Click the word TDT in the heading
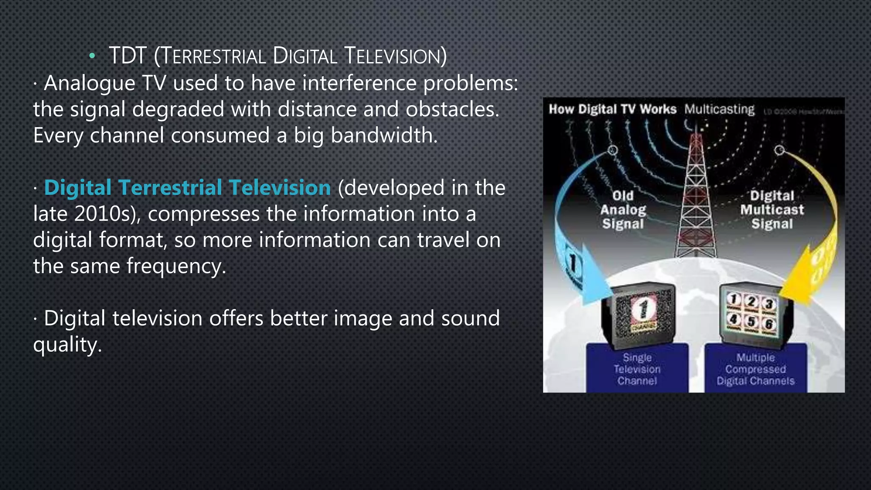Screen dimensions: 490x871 (128, 56)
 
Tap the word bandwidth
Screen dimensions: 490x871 (384, 136)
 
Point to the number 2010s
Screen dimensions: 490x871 (107, 214)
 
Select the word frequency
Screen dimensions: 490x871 (176, 267)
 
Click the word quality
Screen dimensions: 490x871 (67, 345)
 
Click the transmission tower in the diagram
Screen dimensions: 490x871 (696, 196)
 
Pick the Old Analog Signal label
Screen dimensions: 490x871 (623, 210)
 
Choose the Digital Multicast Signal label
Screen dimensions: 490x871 (772, 210)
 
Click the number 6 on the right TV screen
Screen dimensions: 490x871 (769, 325)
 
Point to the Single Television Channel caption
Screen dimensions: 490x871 (637, 369)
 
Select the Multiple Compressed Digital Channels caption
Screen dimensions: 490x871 (755, 369)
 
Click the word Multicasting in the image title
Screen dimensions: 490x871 (719, 109)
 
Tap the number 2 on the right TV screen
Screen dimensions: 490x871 (751, 302)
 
